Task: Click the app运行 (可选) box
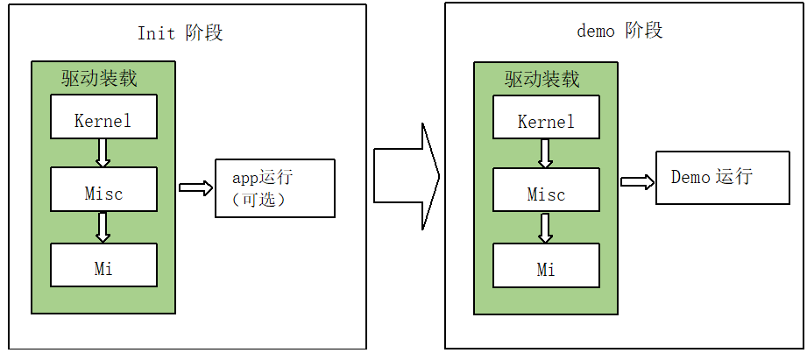(x=274, y=188)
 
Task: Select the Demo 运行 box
(x=711, y=177)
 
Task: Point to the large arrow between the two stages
(x=406, y=176)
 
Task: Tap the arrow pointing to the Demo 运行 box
(x=638, y=181)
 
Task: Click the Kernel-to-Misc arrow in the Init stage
(x=103, y=152)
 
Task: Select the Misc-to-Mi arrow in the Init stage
(x=103, y=227)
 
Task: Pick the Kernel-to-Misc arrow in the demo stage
(x=546, y=153)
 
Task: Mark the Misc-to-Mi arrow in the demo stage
(x=546, y=228)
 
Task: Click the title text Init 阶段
(x=181, y=33)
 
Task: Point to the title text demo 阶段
(x=619, y=31)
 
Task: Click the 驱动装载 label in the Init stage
(x=99, y=78)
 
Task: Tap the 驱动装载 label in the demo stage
(x=542, y=79)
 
